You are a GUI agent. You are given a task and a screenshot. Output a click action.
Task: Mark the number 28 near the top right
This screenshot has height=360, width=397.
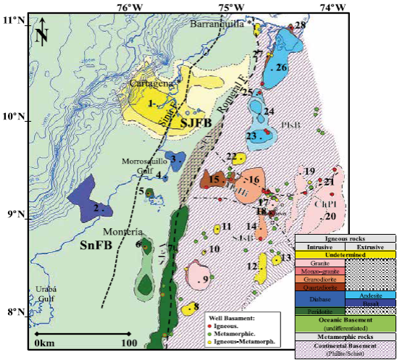tap(300, 25)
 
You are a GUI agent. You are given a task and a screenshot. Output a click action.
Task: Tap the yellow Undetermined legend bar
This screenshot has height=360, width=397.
tap(344, 255)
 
